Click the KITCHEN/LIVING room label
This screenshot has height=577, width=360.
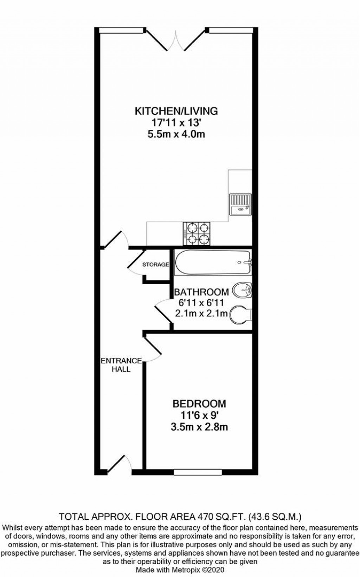(x=176, y=111)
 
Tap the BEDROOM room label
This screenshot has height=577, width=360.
(x=199, y=403)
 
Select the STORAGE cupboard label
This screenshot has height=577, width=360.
(x=155, y=265)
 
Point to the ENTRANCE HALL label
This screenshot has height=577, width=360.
(x=121, y=365)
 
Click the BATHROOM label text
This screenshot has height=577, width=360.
(x=201, y=292)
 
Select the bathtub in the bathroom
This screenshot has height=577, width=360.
(x=213, y=263)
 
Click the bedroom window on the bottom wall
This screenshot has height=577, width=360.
(x=198, y=472)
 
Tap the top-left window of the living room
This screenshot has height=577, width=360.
(x=122, y=30)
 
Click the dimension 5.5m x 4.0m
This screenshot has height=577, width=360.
(x=176, y=134)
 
